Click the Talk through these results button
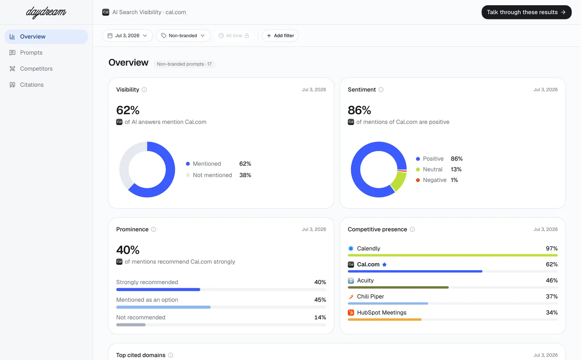(526, 12)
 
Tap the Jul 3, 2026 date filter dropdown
(127, 35)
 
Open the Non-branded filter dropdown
(183, 35)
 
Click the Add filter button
(280, 35)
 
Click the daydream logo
(46, 12)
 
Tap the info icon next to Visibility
(144, 90)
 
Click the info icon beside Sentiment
(381, 90)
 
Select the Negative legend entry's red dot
(418, 180)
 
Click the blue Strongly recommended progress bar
(158, 290)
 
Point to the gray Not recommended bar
(131, 325)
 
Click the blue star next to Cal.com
(384, 265)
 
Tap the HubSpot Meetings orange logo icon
(351, 313)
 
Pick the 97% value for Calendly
(552, 249)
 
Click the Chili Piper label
(370, 296)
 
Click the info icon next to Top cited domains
(171, 355)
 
